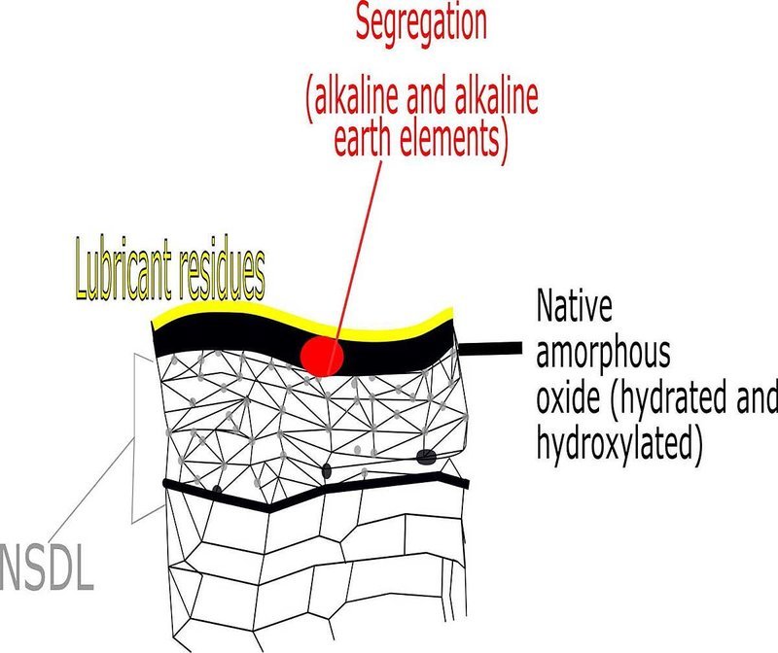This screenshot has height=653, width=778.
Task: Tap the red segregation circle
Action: coord(323,355)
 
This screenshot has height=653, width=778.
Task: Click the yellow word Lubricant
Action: coord(124,271)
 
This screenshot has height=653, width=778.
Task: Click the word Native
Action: coord(574,305)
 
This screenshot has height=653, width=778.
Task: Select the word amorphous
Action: coord(603,353)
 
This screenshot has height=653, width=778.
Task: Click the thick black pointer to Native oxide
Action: coord(489,349)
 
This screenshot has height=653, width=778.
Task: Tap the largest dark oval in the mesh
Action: coord(426,457)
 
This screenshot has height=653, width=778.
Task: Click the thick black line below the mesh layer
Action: coord(316,493)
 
